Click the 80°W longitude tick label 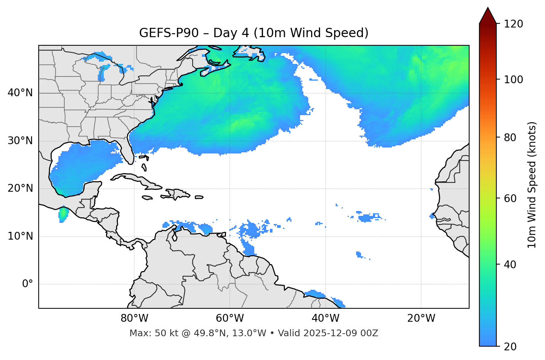(x=134, y=318)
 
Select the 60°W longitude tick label (x=230, y=318)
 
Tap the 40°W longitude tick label (x=326, y=318)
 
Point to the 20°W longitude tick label (x=421, y=318)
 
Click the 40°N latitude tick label (x=20, y=93)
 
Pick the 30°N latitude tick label (x=20, y=141)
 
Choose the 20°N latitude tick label (x=20, y=188)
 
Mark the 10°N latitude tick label (x=20, y=236)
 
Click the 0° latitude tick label (x=28, y=284)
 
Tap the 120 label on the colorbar (x=513, y=24)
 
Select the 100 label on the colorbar (x=513, y=80)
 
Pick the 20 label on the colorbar (x=510, y=347)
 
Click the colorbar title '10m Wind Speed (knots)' (x=532, y=185)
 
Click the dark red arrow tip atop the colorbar (x=488, y=15)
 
